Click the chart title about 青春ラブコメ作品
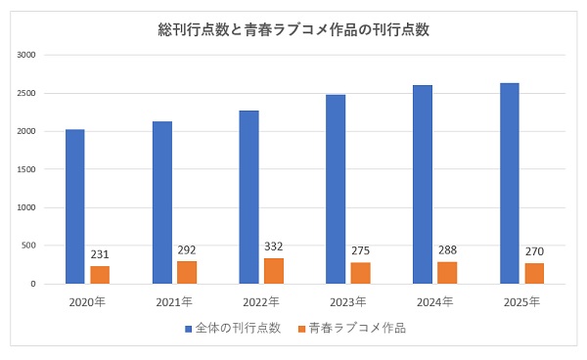coord(293,29)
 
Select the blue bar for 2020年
coord(74,206)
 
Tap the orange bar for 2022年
coord(273,271)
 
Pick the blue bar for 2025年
coord(509,184)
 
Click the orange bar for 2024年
coord(447,273)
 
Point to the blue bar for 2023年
coord(336,189)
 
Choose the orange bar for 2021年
coord(186,273)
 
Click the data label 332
coord(274,247)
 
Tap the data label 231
coord(100,254)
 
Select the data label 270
coord(534,251)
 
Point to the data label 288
coord(447,250)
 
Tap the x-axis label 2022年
coord(261,301)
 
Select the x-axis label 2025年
coord(521,301)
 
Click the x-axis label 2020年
coord(87,301)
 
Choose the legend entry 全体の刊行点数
coord(240,328)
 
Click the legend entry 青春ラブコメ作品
coord(356,328)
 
